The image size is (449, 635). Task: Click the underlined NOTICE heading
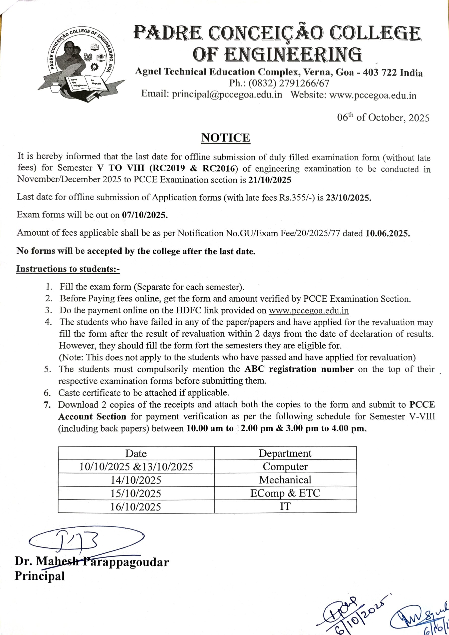click(225, 138)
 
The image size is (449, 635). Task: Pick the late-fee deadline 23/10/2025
click(348, 198)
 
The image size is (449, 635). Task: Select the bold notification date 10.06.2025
click(387, 233)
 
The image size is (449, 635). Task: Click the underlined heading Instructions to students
click(68, 269)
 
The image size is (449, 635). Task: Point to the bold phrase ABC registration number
click(299, 369)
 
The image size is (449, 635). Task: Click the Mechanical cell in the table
click(285, 480)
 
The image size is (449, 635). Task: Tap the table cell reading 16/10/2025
click(136, 507)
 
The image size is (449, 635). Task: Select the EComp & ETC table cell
click(285, 493)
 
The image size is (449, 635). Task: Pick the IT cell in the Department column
click(285, 507)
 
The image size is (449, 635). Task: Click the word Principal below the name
click(39, 576)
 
